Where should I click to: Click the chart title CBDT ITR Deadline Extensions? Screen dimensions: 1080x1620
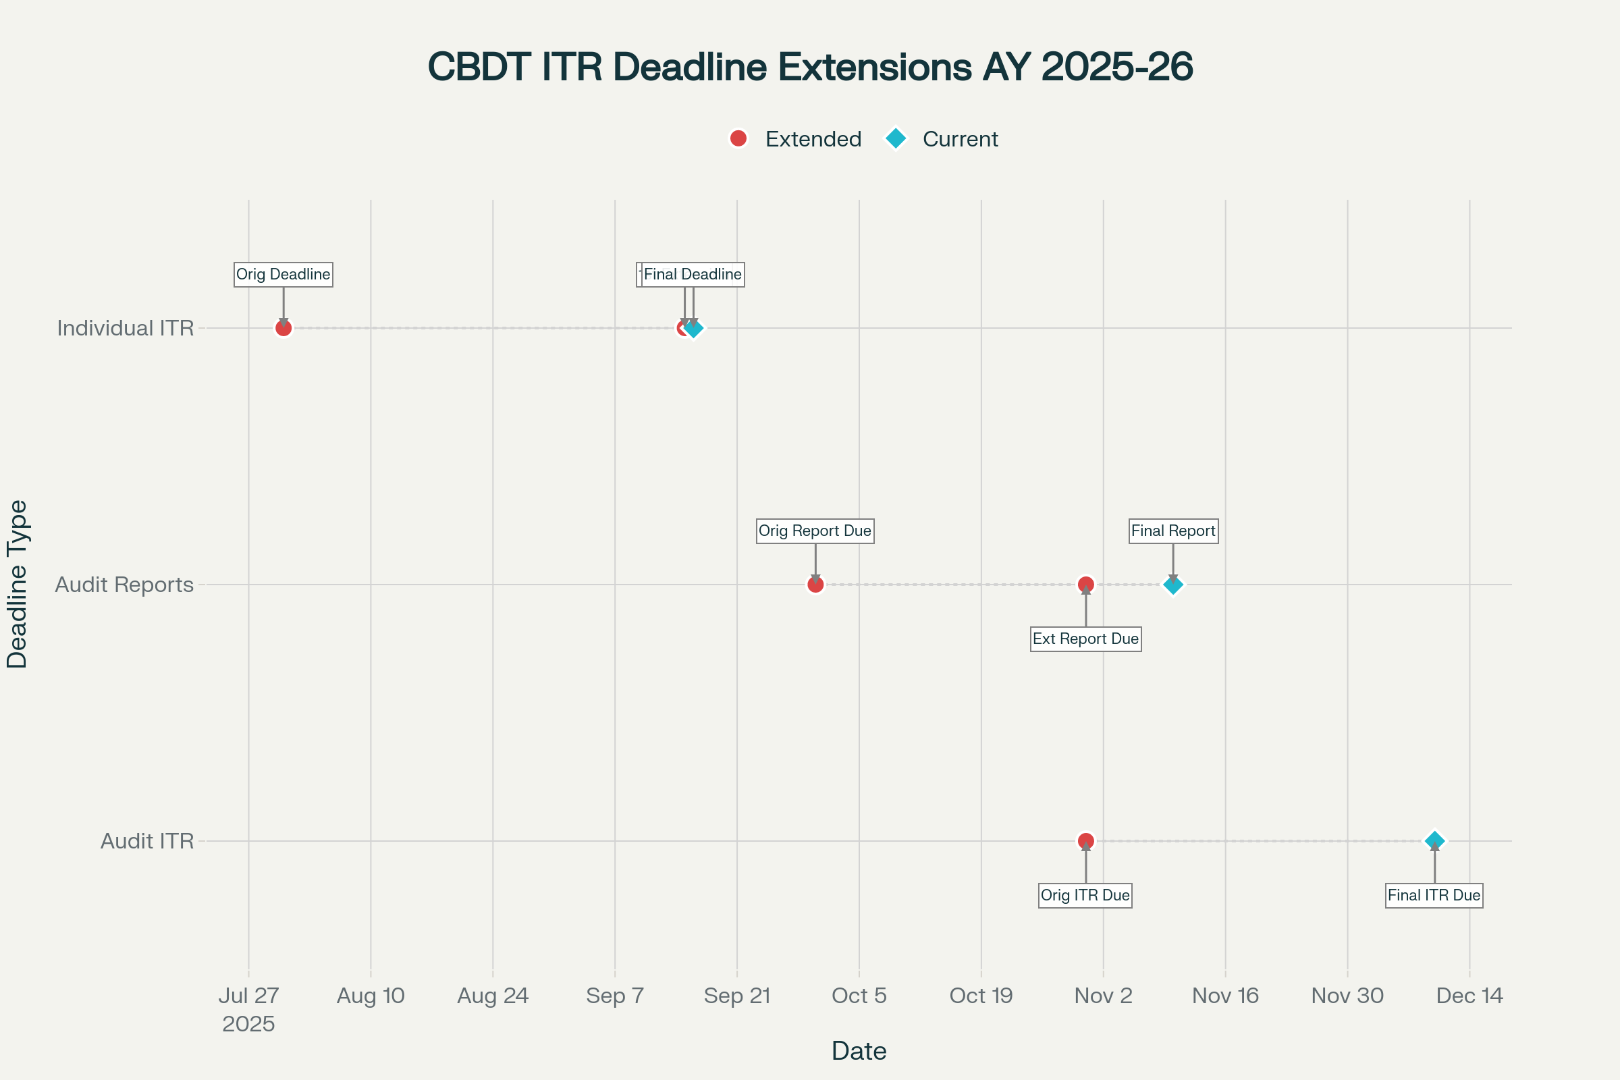[810, 67]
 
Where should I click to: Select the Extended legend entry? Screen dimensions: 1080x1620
[796, 139]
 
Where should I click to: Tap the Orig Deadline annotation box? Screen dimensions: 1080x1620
[283, 274]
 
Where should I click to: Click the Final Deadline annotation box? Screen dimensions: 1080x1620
[693, 274]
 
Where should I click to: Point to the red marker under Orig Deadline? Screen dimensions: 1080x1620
[283, 328]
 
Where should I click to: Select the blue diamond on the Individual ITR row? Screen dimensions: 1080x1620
[695, 328]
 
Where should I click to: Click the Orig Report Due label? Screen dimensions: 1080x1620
[815, 531]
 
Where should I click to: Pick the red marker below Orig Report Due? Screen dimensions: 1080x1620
[815, 584]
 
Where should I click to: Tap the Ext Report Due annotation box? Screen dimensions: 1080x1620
[1085, 639]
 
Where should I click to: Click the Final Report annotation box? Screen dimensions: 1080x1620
[1173, 531]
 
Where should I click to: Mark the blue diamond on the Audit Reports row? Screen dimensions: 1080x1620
[1173, 584]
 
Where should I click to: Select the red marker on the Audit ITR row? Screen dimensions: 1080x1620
[1085, 841]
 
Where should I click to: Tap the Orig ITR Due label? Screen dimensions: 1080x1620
[1085, 895]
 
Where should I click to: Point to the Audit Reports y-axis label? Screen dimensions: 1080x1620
[124, 584]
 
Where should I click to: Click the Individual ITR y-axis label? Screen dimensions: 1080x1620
[126, 328]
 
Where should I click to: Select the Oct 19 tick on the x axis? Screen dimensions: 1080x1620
[981, 995]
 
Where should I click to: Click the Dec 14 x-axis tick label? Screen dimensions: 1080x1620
[1469, 995]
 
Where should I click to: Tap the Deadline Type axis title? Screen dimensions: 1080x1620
[16, 584]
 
